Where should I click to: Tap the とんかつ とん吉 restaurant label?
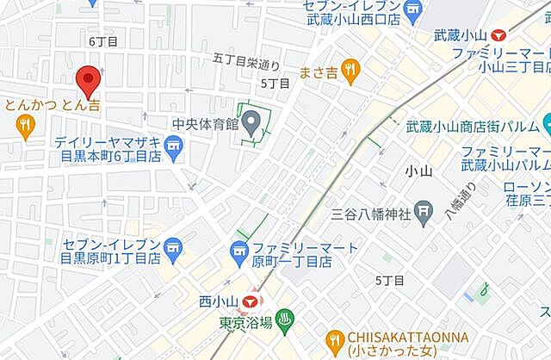[x=51, y=104]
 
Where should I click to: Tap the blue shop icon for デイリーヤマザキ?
[x=175, y=150]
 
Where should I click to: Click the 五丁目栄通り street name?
[x=247, y=60]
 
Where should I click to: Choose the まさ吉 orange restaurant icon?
[x=350, y=71]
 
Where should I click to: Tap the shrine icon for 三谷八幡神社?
[x=424, y=209]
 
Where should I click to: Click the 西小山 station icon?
[x=250, y=301]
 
